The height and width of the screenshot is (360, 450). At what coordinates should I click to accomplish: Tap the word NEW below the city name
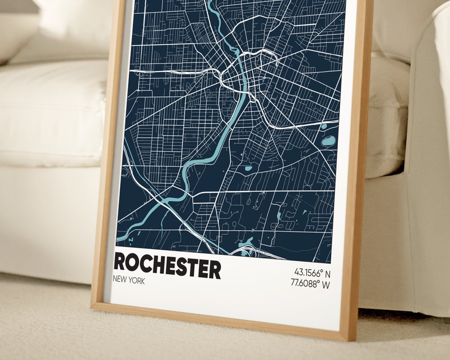pyautogui.click(x=120, y=281)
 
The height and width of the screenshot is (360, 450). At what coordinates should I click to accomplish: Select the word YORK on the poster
pyautogui.click(x=137, y=281)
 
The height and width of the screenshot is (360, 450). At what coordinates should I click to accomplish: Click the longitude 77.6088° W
pyautogui.click(x=309, y=284)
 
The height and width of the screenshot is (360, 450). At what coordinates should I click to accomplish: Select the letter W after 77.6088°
pyautogui.click(x=326, y=284)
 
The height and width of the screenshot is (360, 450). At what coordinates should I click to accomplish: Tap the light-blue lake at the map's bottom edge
pyautogui.click(x=246, y=245)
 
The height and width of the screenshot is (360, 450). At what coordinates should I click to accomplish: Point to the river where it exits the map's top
pyautogui.click(x=210, y=3)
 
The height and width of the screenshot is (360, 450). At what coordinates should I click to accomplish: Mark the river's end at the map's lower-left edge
pyautogui.click(x=120, y=235)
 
